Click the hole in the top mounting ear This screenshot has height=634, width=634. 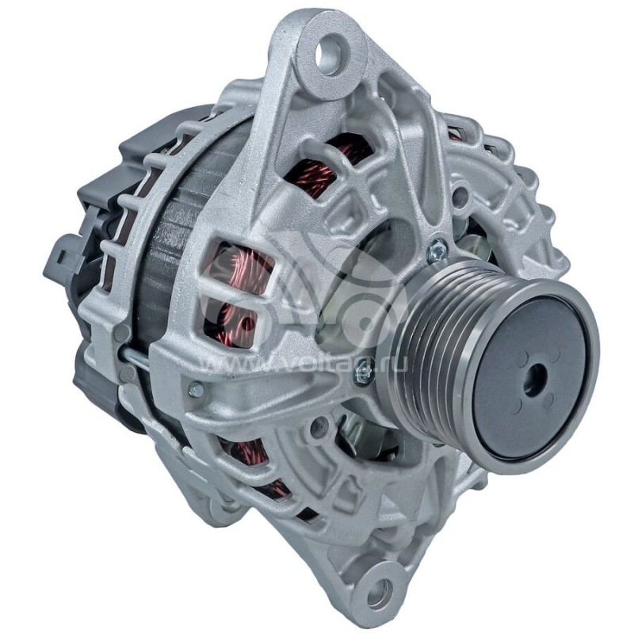327,54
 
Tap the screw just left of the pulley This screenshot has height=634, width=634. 364,370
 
